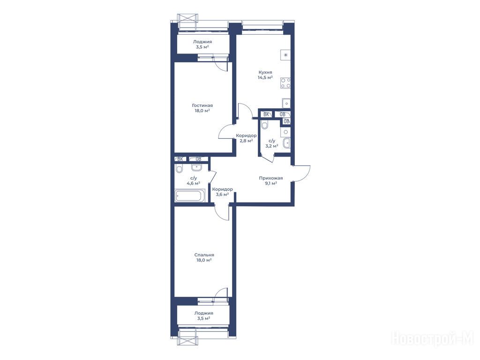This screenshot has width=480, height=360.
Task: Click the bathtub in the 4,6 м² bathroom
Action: click(188, 196)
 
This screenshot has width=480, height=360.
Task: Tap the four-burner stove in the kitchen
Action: click(285, 83)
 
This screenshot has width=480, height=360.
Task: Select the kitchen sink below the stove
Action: click(286, 104)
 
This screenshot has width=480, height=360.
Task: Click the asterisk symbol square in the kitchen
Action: click(285, 55)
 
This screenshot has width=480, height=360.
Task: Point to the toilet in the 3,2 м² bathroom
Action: click(265, 125)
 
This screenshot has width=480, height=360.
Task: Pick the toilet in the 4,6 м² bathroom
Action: click(180, 169)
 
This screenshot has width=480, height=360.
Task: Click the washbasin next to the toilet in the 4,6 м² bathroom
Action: click(196, 167)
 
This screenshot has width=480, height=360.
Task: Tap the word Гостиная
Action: click(202, 105)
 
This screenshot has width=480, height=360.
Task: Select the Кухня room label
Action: click(265, 72)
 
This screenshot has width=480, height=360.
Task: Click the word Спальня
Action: click(204, 255)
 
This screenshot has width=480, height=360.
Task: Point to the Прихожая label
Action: click(271, 178)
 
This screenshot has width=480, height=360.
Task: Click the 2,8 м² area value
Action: click(246, 141)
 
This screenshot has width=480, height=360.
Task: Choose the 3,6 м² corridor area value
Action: click(222, 195)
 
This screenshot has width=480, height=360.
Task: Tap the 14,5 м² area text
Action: click(265, 78)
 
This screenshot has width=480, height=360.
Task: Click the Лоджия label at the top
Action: click(202, 42)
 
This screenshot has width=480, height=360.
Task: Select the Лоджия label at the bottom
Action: click(203, 313)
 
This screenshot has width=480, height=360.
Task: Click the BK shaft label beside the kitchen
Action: click(266, 114)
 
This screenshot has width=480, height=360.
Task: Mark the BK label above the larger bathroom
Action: click(180, 159)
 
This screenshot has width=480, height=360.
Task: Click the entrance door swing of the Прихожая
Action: click(301, 173)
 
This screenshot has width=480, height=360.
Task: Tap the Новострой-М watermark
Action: click(433, 339)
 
